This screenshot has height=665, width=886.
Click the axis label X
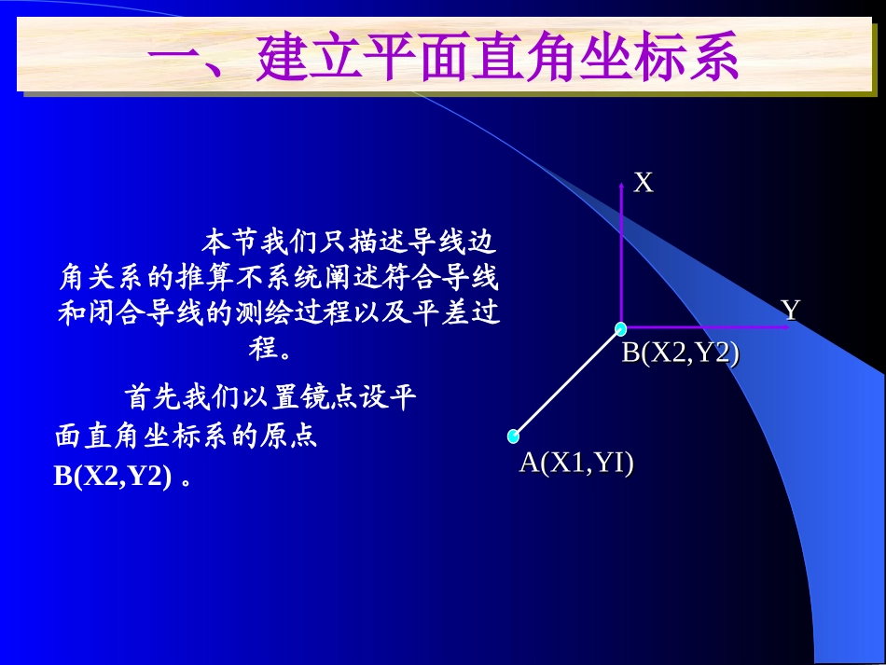[644, 183]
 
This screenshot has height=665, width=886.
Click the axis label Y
[791, 310]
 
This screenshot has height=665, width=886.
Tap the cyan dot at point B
[620, 328]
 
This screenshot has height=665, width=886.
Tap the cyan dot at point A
[513, 436]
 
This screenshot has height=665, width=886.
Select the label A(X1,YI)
[576, 463]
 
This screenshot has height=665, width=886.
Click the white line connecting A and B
[566, 382]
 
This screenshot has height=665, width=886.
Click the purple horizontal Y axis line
[709, 328]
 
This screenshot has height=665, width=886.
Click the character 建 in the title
[283, 58]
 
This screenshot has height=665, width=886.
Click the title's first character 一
[178, 58]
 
